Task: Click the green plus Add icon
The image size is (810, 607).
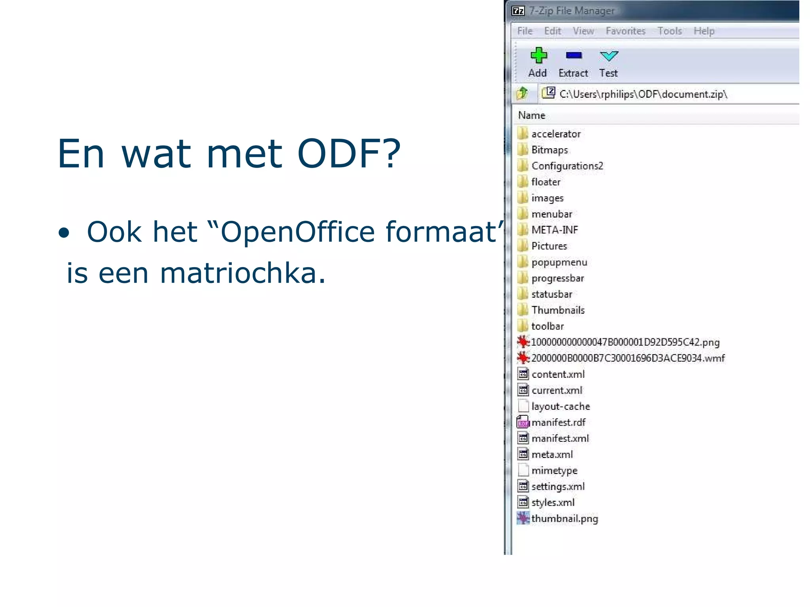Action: click(x=538, y=56)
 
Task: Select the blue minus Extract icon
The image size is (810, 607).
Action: click(x=573, y=55)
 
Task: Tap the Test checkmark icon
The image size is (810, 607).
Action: click(x=609, y=56)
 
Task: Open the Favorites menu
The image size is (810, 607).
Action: click(x=625, y=31)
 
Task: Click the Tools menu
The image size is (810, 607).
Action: click(x=670, y=31)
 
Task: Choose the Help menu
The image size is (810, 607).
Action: click(x=704, y=31)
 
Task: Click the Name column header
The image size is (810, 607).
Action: click(x=532, y=115)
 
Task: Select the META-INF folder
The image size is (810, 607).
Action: click(x=555, y=230)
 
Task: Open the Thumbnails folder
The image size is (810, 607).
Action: click(x=558, y=310)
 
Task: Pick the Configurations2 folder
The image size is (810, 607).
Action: click(x=567, y=166)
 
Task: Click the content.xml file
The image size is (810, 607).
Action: click(x=558, y=374)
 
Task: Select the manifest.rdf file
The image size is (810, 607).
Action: click(x=558, y=422)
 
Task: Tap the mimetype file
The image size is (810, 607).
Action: click(x=554, y=471)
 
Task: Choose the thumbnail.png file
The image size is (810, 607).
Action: click(x=564, y=518)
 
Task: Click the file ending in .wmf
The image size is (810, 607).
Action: click(x=628, y=358)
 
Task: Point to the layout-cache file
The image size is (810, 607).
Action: click(x=560, y=407)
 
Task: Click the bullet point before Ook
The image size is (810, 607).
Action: click(x=64, y=233)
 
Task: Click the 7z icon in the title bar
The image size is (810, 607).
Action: click(x=518, y=11)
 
